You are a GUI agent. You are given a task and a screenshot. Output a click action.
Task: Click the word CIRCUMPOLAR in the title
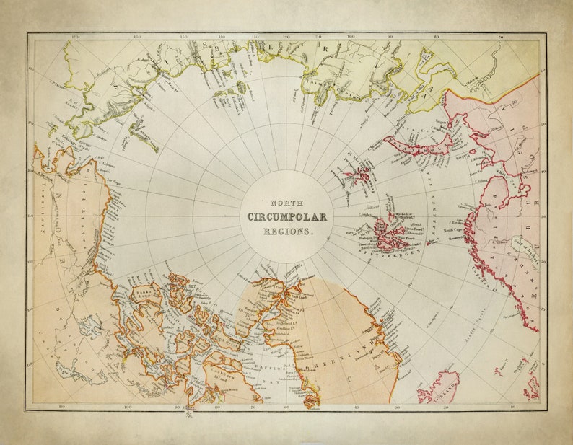(286, 217)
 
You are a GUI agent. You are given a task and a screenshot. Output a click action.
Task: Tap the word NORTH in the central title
(286, 203)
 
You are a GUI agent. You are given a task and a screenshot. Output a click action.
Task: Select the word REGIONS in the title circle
(286, 232)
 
